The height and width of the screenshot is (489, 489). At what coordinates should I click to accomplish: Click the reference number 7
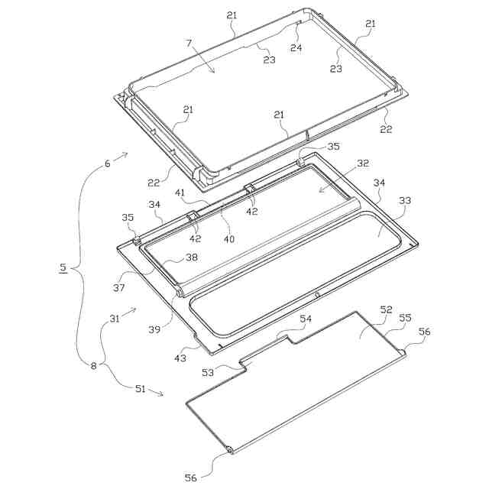pyautogui.click(x=189, y=43)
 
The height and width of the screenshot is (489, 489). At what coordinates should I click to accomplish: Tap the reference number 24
pyautogui.click(x=296, y=47)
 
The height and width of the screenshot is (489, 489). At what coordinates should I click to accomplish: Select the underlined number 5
pyautogui.click(x=63, y=267)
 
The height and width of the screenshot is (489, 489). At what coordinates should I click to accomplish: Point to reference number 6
pyautogui.click(x=107, y=164)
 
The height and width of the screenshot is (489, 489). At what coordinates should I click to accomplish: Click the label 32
pyautogui.click(x=363, y=163)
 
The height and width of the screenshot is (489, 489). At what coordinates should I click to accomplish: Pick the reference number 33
pyautogui.click(x=405, y=200)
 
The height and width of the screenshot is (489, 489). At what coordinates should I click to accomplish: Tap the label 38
pyautogui.click(x=192, y=257)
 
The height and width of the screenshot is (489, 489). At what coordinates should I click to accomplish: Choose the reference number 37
pyautogui.click(x=119, y=287)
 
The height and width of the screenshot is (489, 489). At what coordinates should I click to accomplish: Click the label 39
pyautogui.click(x=154, y=329)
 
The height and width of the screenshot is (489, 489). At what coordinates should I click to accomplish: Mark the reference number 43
pyautogui.click(x=180, y=358)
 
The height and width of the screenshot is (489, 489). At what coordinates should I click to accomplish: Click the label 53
pyautogui.click(x=208, y=372)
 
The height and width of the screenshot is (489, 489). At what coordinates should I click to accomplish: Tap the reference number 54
pyautogui.click(x=306, y=319)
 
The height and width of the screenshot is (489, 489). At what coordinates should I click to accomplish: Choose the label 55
pyautogui.click(x=406, y=318)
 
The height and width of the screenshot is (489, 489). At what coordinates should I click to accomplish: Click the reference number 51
pyautogui.click(x=140, y=389)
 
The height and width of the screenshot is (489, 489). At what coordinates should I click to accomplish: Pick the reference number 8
pyautogui.click(x=94, y=365)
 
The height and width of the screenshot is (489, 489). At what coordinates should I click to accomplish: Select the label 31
pyautogui.click(x=115, y=319)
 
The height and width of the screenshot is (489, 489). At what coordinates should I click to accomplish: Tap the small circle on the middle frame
pyautogui.click(x=317, y=294)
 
